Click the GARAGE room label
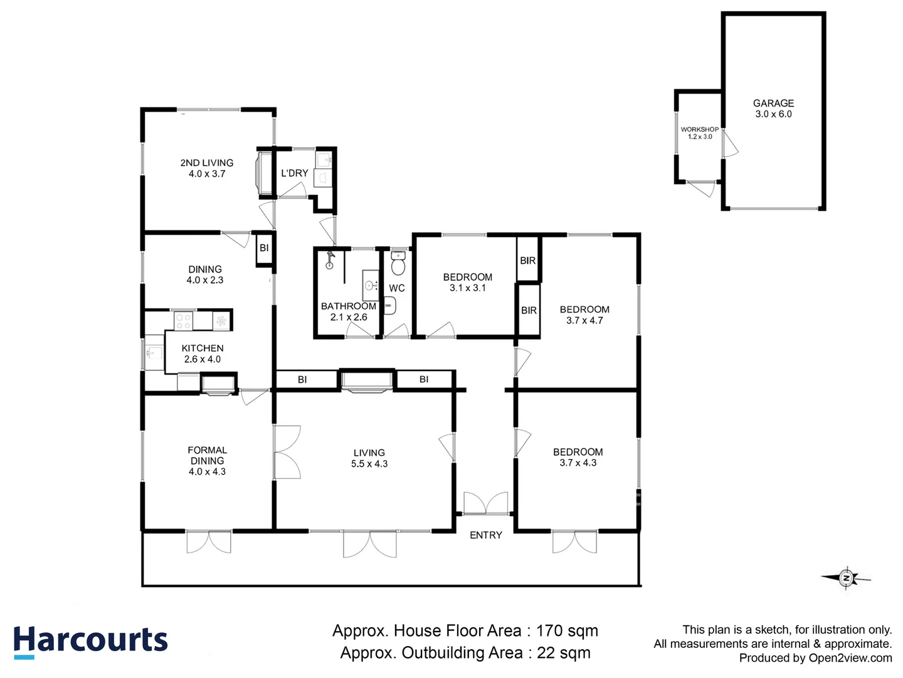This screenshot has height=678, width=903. (x=773, y=103)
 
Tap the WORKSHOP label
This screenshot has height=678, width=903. (x=699, y=129)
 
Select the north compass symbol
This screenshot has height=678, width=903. (x=846, y=578)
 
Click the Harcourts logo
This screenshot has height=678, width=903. (x=90, y=641)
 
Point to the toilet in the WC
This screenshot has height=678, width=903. (x=398, y=264)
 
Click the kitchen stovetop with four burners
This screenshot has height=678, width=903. (x=184, y=321)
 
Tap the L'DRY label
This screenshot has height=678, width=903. (x=295, y=173)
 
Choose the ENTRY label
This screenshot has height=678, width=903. (x=486, y=535)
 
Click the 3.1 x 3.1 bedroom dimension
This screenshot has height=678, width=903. (x=467, y=288)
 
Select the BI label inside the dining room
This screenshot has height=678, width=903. (x=264, y=248)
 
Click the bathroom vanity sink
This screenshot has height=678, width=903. (x=371, y=285)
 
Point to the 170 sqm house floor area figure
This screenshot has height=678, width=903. (x=568, y=631)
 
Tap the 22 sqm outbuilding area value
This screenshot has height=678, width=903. (x=564, y=652)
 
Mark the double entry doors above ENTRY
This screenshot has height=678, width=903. (x=486, y=503)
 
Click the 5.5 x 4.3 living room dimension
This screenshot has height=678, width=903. (x=369, y=463)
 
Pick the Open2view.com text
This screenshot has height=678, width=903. (x=850, y=658)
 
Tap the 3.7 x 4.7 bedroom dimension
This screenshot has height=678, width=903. (x=584, y=320)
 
